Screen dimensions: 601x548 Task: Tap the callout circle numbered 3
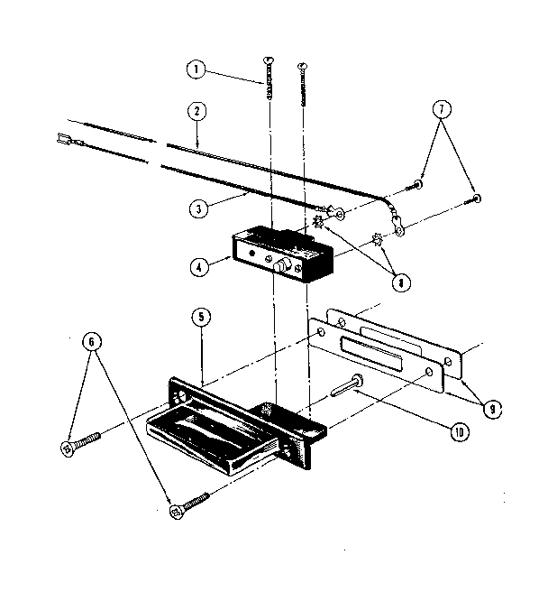pyautogui.click(x=196, y=206)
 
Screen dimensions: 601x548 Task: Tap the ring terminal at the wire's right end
pyautogui.click(x=393, y=220)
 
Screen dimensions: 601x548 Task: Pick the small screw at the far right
pyautogui.click(x=476, y=198)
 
